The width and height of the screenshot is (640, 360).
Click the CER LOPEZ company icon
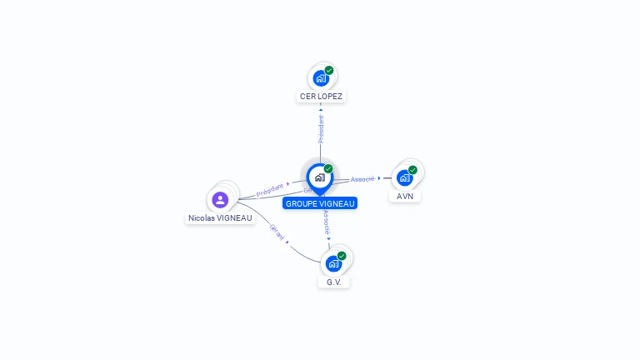pyautogui.click(x=320, y=78)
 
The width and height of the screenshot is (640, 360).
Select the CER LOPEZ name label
pyautogui.click(x=321, y=97)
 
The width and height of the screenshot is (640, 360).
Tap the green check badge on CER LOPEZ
pyautogui.click(x=329, y=71)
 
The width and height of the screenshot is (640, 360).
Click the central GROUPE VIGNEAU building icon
pyautogui.click(x=319, y=177)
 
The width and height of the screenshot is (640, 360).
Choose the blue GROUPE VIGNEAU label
pyautogui.click(x=320, y=203)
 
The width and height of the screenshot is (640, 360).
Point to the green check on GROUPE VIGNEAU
pyautogui.click(x=328, y=169)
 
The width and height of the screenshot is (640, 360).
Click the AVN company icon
pyautogui.click(x=405, y=177)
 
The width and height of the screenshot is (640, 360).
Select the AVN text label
pyautogui.click(x=405, y=197)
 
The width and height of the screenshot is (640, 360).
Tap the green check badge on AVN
pyautogui.click(x=412, y=170)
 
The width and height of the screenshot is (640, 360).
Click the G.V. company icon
pyautogui.click(x=333, y=263)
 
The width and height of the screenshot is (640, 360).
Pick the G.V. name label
pyautogui.click(x=334, y=282)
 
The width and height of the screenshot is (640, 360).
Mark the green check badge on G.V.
pyautogui.click(x=342, y=256)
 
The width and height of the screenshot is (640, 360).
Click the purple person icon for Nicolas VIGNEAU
pyautogui.click(x=220, y=199)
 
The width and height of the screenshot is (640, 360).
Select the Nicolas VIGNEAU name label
pyautogui.click(x=220, y=218)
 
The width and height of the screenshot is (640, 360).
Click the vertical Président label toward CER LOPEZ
pyautogui.click(x=321, y=128)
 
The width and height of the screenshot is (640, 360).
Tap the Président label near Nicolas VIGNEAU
pyautogui.click(x=269, y=190)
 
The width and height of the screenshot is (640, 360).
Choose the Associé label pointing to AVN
pyautogui.click(x=362, y=179)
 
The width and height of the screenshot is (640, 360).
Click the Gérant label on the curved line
pyautogui.click(x=277, y=232)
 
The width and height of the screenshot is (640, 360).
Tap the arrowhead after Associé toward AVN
pyautogui.click(x=379, y=178)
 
